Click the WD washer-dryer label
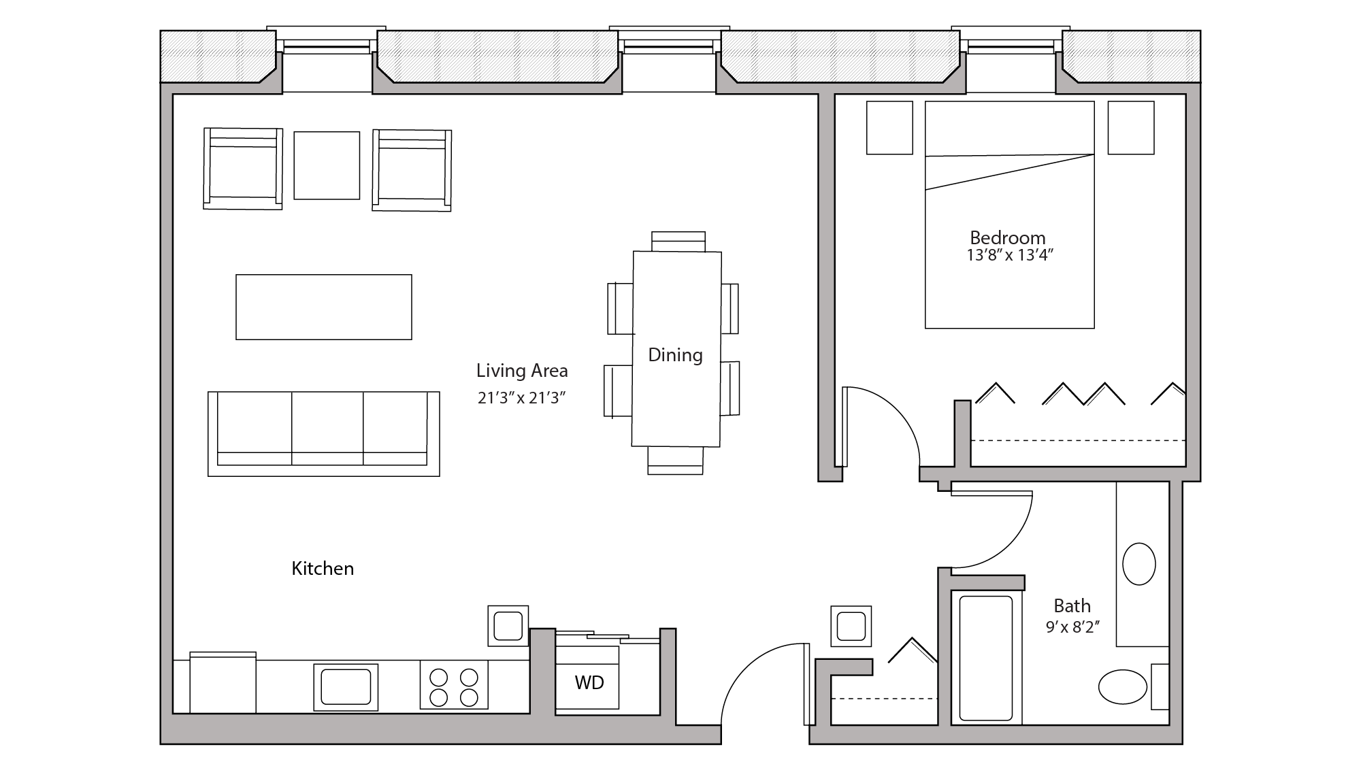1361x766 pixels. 589,682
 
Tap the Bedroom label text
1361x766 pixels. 1007,238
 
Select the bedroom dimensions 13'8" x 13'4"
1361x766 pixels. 1010,256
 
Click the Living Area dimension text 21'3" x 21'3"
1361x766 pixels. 521,398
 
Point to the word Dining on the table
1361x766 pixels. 675,354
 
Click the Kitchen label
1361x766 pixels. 323,569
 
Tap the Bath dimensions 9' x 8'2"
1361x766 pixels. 1072,627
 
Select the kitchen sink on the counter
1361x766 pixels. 346,686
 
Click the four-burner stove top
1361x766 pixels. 454,687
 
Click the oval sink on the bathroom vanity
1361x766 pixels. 1138,564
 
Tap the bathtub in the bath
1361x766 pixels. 985,657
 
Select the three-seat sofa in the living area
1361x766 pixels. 323,433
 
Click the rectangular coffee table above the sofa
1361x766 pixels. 323,307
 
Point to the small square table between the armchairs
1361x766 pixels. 327,165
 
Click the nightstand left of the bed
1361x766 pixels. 889,128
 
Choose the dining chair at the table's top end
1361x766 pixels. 678,242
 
